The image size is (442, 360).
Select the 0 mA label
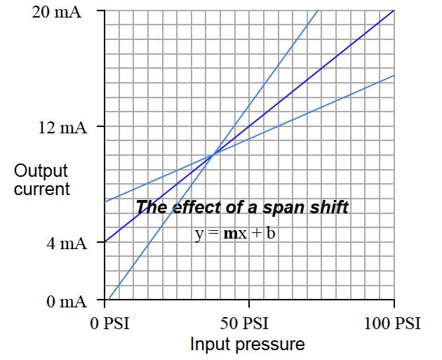[x=67, y=302]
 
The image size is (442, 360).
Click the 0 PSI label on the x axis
[x=109, y=324]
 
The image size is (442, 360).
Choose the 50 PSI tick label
[x=250, y=324]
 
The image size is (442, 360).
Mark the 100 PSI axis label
[x=394, y=324]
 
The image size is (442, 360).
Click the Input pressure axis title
[x=248, y=345]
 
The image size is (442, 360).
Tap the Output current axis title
[x=41, y=180]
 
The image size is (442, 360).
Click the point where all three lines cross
[x=213, y=154]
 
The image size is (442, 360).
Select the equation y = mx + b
[x=235, y=232]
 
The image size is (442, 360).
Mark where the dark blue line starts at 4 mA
[x=105, y=243]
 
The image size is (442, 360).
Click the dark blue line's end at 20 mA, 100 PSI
[x=394, y=11]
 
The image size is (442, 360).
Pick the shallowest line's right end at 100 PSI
[x=394, y=75]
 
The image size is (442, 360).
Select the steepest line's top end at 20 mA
[x=319, y=11]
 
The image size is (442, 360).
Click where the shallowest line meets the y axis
[x=105, y=201]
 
